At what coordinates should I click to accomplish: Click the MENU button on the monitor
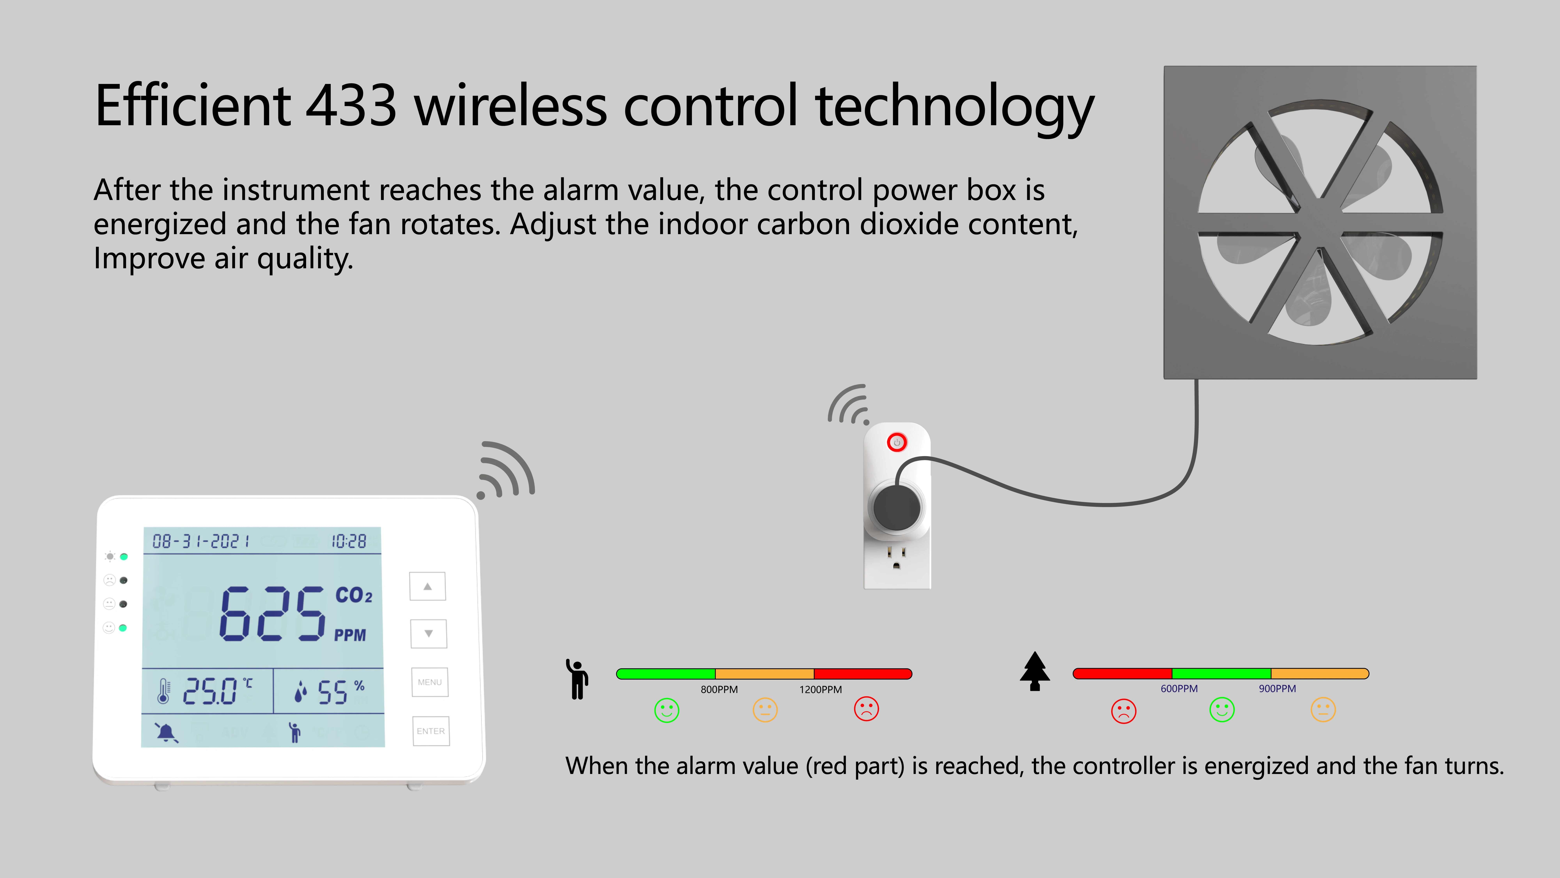pos(430,682)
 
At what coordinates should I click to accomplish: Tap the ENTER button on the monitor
pos(431,731)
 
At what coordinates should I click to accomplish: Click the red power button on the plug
pos(897,442)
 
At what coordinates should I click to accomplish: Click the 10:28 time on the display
pos(349,541)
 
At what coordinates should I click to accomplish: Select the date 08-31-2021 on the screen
pos(201,541)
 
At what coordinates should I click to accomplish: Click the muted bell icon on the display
pos(166,732)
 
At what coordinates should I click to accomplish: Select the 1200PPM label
pos(821,690)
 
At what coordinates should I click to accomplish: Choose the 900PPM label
pos(1277,688)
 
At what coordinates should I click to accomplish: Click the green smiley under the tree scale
pos(1221,710)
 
